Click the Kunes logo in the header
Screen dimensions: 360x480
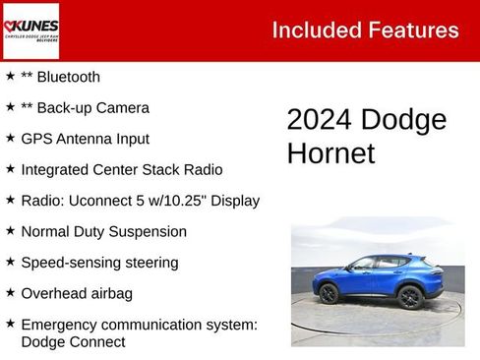[31, 30]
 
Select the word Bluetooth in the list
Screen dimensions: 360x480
[68, 77]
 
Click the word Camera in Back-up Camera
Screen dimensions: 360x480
[121, 108]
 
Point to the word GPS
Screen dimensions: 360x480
[36, 139]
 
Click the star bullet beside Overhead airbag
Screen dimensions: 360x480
[10, 293]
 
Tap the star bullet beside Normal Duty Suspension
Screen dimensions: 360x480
[10, 231]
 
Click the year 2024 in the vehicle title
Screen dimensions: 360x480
[319, 121]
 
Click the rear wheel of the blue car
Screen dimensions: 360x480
[330, 294]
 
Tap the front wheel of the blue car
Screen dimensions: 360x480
[409, 297]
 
